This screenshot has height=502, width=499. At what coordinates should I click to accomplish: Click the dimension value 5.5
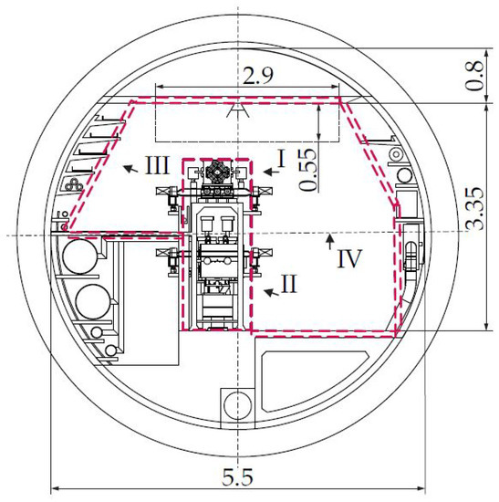tap(237, 477)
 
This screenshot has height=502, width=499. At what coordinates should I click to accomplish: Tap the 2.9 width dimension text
tap(258, 75)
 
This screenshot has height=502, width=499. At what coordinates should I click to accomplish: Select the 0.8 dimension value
tap(474, 75)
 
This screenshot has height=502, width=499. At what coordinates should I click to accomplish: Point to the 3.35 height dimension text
tap(474, 209)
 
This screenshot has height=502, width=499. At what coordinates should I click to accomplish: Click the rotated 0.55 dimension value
tap(308, 170)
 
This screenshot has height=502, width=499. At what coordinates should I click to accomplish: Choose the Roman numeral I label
tap(281, 159)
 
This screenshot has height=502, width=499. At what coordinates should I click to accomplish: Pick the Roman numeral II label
tap(288, 284)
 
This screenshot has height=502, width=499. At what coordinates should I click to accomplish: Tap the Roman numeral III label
tap(157, 165)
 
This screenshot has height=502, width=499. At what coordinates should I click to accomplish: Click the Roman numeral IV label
tap(349, 258)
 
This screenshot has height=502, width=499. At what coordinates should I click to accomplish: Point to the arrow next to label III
tap(131, 169)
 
